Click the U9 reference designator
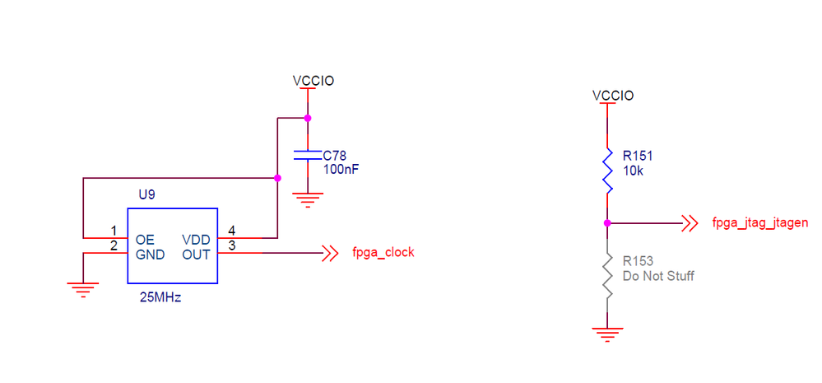(146, 196)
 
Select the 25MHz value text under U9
(160, 297)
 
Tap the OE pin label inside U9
(145, 239)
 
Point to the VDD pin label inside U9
(196, 239)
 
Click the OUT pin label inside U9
(196, 255)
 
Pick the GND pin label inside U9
(151, 255)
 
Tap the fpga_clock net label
(383, 253)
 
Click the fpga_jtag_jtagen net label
(759, 222)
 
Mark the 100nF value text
(341, 169)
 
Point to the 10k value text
(634, 170)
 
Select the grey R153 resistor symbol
(607, 276)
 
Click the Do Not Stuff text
(657, 276)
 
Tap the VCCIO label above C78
(313, 81)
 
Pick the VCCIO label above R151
(613, 96)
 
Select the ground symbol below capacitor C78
(307, 198)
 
